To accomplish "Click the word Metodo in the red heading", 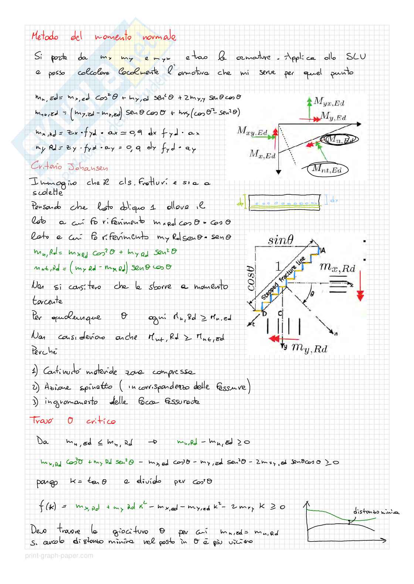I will [45, 37].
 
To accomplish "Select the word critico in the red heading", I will [101, 421].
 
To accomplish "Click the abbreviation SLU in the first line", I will [356, 57].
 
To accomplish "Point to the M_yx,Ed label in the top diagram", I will [329, 102].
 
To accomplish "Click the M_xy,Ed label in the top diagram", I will [252, 131].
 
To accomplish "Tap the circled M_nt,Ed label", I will [326, 169].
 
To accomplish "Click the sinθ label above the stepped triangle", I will [280, 241].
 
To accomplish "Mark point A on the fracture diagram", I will [323, 251].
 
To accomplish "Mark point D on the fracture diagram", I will [264, 314].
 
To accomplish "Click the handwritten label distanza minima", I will [376, 512].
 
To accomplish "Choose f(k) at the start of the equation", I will [47, 506].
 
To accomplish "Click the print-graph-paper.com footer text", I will [59, 556].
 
